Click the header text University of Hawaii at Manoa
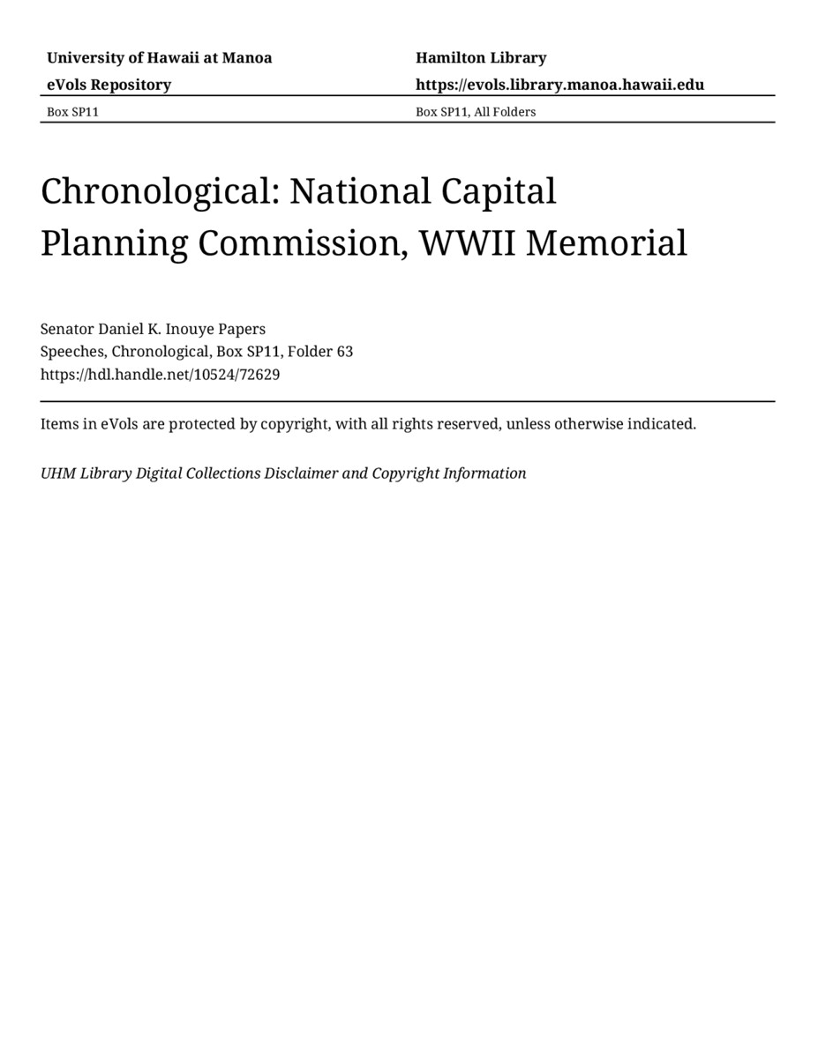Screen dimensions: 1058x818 (159, 58)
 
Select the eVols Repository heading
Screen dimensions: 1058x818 (109, 85)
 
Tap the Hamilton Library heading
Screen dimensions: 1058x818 (481, 58)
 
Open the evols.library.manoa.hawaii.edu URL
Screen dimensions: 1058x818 (559, 85)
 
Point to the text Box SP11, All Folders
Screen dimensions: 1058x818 (476, 112)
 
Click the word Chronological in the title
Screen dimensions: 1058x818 (159, 191)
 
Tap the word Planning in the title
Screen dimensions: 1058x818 (113, 243)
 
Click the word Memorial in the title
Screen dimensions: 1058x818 (606, 243)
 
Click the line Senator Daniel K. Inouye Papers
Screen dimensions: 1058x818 (153, 329)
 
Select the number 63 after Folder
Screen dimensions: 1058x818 (344, 351)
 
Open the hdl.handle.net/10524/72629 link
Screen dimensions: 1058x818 (160, 374)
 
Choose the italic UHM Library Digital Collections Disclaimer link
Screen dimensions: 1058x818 (283, 473)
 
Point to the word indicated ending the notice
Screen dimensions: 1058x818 (661, 424)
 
